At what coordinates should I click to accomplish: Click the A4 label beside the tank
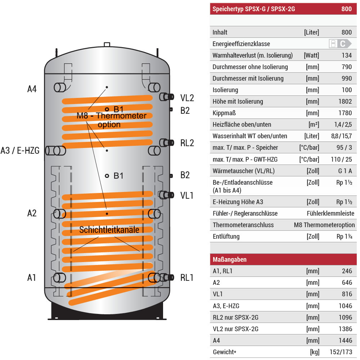click(x=32, y=89)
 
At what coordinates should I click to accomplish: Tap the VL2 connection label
click(x=187, y=98)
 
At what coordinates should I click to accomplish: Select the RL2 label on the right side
click(x=187, y=143)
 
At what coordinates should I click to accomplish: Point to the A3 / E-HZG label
click(x=20, y=150)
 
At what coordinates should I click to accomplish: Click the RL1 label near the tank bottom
click(x=187, y=278)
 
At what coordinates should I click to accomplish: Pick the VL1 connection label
click(x=187, y=195)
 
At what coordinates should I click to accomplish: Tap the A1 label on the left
click(x=32, y=278)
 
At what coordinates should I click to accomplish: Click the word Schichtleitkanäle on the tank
click(x=109, y=230)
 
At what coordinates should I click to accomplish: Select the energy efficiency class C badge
click(x=340, y=44)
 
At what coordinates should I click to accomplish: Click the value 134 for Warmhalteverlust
click(x=347, y=55)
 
